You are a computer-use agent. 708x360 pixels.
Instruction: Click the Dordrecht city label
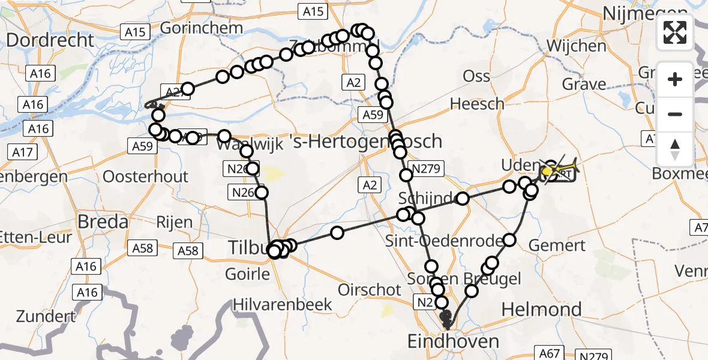50,40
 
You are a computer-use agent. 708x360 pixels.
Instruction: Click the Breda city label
103,222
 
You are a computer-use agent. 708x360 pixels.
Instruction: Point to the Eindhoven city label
453,342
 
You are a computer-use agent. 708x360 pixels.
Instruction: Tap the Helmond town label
541,310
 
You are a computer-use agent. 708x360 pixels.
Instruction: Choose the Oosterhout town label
146,176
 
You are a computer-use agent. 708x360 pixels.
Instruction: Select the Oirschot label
370,290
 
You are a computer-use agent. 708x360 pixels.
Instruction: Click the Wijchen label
576,46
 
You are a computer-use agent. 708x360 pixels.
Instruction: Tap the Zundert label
46,316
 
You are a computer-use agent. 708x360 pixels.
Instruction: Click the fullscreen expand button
675,32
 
